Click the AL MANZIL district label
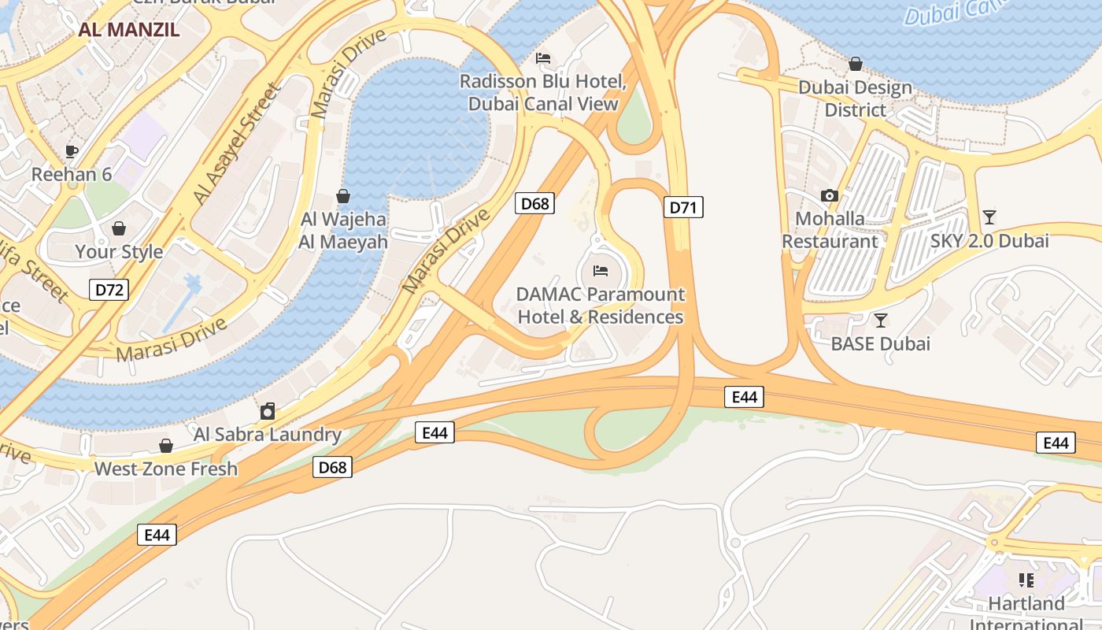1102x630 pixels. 129,31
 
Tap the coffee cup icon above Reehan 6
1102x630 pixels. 72,151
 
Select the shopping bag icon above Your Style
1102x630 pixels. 118,228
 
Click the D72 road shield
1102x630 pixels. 109,290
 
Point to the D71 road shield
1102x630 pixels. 683,208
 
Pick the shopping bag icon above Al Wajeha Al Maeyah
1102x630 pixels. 343,196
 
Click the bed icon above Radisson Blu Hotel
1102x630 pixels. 543,58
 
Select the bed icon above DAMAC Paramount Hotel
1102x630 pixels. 601,271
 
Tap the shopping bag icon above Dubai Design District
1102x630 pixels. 856,64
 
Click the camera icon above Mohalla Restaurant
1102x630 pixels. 830,195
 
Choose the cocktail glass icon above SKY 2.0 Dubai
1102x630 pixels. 989,217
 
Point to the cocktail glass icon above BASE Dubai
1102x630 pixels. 881,321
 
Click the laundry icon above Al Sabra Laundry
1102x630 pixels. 268,411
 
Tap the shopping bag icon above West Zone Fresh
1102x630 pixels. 166,446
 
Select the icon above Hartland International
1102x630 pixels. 1026,580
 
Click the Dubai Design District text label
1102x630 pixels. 856,98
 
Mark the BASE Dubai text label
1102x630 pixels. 881,344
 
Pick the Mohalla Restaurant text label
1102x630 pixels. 830,230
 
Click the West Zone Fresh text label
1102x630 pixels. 166,469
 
